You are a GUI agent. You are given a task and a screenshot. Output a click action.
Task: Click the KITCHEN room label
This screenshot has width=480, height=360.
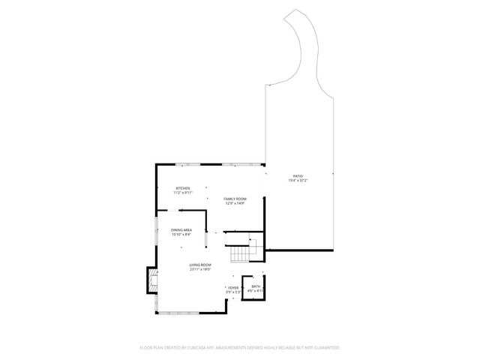pos(183,188)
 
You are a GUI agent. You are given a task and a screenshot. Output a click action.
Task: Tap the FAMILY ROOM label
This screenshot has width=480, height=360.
pos(235,199)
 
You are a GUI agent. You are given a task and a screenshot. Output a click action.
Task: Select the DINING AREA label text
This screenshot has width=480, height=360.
pos(181,230)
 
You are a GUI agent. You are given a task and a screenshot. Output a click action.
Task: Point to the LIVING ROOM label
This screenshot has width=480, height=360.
pos(200,265)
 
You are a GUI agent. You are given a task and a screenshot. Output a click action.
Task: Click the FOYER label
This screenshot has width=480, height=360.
pos(233,287)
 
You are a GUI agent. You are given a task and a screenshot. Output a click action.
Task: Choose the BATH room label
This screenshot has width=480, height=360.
pos(255,286)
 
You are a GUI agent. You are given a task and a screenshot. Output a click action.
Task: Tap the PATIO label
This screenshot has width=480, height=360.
pos(298,176)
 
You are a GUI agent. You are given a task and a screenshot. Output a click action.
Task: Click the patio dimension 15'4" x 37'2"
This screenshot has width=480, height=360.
pos(298,181)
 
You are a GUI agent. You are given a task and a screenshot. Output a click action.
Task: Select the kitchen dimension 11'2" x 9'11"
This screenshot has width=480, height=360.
pos(183,193)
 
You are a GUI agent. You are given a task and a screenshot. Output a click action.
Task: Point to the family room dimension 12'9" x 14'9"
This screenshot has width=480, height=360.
pos(235,203)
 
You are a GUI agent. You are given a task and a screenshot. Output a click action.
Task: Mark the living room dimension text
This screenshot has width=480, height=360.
pos(200,269)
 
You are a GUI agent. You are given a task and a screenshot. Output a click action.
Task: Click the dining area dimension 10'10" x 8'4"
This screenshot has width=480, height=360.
pos(181,235)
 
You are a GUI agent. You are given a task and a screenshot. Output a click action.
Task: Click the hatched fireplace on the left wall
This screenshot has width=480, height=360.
pos(152,282)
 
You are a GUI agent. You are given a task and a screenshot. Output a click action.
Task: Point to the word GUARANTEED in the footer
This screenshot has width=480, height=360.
pos(325,348)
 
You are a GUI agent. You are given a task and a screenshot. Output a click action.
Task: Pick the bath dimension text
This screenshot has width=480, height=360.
pos(255,291)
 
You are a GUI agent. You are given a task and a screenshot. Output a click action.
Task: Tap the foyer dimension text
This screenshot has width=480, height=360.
pos(233,292)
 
